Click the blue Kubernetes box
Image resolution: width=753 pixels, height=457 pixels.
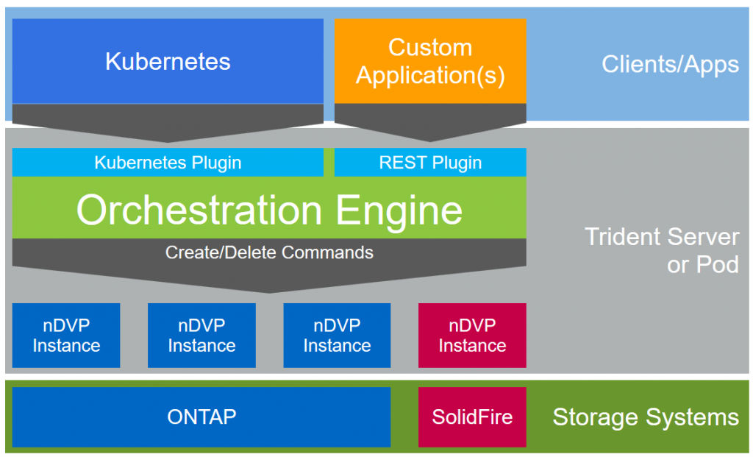168,61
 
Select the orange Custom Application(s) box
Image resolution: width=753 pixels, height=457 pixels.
430,61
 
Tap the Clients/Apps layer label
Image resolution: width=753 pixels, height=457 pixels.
670,65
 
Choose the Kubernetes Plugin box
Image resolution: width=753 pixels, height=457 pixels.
168,163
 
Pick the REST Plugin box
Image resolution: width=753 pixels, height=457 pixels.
430,163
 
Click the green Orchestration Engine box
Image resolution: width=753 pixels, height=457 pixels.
269,208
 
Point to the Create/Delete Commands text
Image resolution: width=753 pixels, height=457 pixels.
269,252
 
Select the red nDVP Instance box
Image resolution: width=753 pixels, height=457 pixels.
472,336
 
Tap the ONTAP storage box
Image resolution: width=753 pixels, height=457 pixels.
201,417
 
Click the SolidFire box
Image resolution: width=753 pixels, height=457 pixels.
472,417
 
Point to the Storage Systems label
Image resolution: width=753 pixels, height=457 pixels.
646,417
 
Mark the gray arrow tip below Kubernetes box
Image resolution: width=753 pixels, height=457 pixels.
168,142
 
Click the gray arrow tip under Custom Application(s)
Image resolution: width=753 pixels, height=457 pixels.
430,141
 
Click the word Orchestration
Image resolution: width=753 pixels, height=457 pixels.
199,210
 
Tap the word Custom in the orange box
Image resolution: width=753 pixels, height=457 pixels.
430,47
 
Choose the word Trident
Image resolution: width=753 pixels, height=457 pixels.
623,237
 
